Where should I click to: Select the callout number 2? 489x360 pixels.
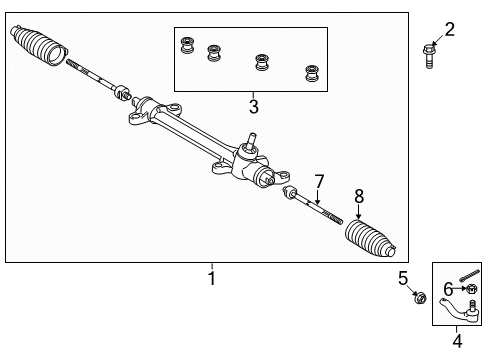pyautogui.click(x=449, y=29)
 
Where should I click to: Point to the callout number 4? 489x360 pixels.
pyautogui.click(x=457, y=340)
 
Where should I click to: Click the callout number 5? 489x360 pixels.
pyautogui.click(x=403, y=277)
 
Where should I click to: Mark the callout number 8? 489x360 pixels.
pyautogui.click(x=358, y=198)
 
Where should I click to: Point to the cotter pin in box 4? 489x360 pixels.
pyautogui.click(x=470, y=275)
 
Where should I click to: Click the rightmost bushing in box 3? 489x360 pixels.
pyautogui.click(x=311, y=73)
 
